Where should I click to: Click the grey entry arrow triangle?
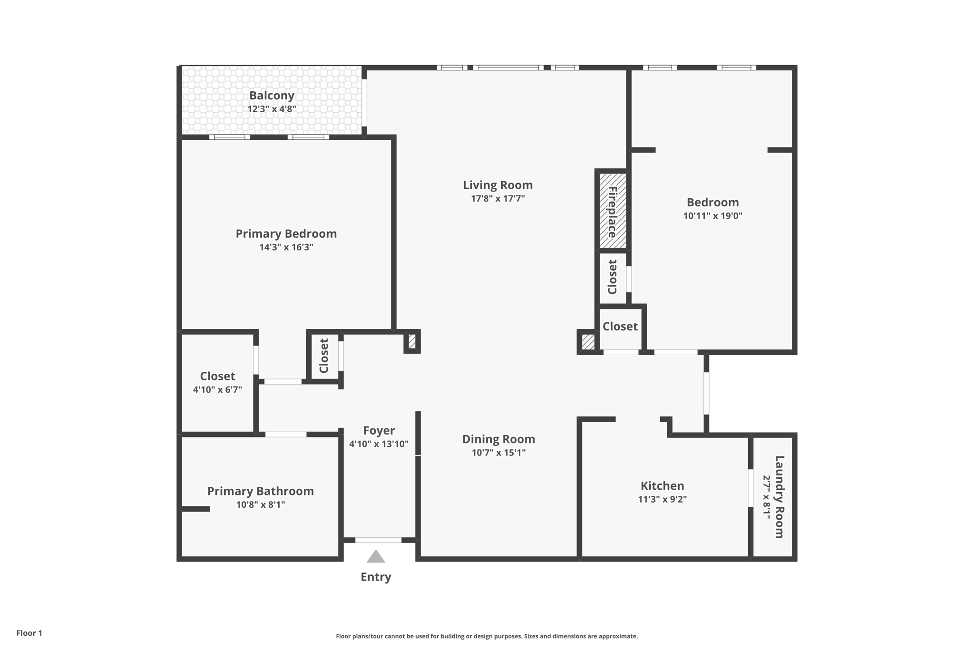(x=376, y=557)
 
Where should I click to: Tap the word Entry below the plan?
(x=376, y=577)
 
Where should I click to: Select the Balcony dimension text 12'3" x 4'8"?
(x=272, y=109)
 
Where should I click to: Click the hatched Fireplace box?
(x=613, y=211)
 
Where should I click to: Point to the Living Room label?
(x=498, y=185)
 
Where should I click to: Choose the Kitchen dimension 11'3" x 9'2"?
(x=662, y=499)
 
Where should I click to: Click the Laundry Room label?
(x=779, y=496)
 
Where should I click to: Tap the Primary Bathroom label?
(x=261, y=491)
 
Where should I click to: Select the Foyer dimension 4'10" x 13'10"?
(x=379, y=444)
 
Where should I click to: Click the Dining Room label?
(x=498, y=439)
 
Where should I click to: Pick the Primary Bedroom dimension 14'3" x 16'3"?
(x=286, y=247)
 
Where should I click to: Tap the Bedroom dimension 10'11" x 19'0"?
(x=712, y=216)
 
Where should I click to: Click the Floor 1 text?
(x=29, y=633)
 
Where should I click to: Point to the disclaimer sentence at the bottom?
(x=487, y=636)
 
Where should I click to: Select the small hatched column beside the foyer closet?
(x=412, y=341)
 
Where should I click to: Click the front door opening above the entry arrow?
(x=378, y=540)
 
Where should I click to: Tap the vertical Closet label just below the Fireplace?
(x=613, y=277)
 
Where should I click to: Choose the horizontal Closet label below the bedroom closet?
(x=620, y=326)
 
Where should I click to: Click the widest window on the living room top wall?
(x=508, y=68)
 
